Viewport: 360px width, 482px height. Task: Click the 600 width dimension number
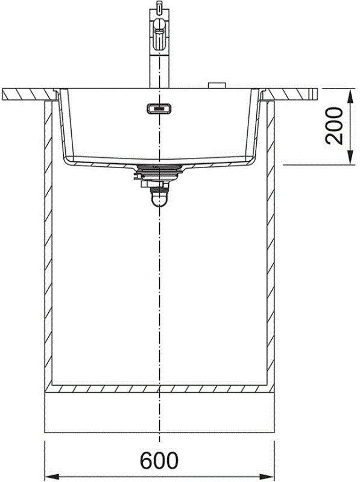pos(159,461)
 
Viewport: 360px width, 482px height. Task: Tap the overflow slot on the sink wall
pos(159,109)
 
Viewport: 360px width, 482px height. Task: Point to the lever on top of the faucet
pos(159,10)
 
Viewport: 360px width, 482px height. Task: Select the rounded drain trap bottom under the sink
pos(159,198)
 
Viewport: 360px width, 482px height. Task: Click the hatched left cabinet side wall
pos(48,241)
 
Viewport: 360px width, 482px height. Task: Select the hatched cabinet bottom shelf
pos(159,389)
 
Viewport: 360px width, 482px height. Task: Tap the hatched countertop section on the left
pos(24,93)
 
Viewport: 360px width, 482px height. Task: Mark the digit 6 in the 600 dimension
pos(147,461)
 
